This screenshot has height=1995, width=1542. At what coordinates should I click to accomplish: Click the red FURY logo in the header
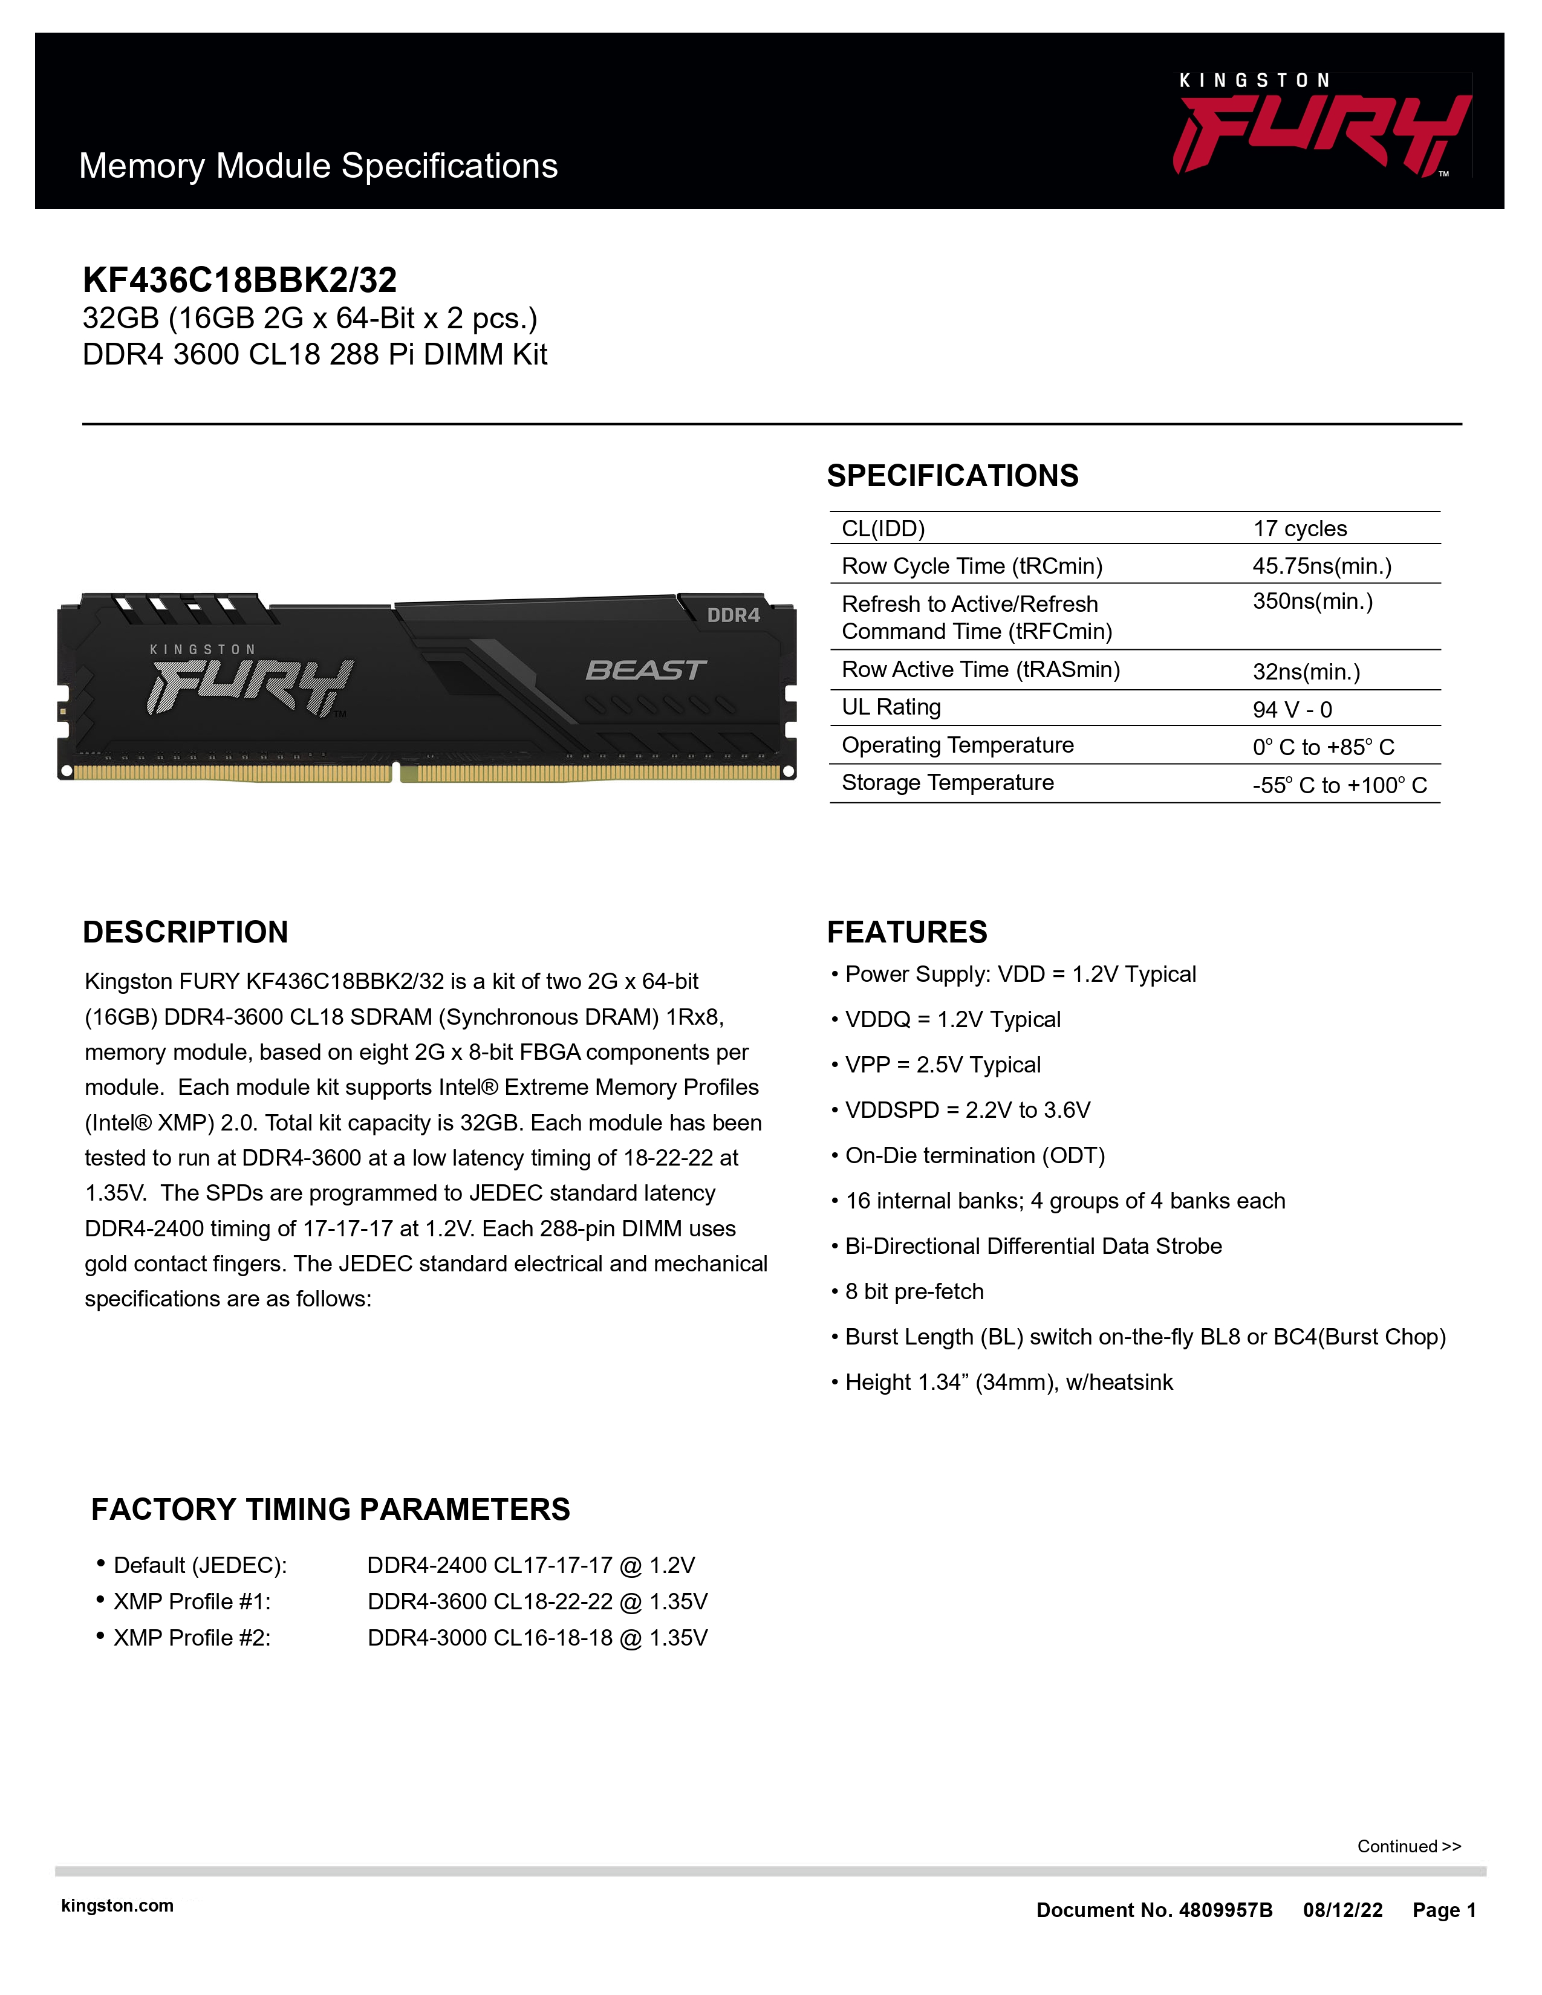click(x=1321, y=134)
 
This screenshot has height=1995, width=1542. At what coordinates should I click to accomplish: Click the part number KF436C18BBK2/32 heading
click(x=239, y=279)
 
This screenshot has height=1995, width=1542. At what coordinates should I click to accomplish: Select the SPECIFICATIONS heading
click(x=952, y=476)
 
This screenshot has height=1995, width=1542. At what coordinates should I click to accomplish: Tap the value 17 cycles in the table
click(x=1299, y=529)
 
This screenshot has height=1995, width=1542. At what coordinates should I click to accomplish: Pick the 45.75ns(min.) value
click(x=1321, y=566)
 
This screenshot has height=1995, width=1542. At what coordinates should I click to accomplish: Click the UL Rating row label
click(x=891, y=707)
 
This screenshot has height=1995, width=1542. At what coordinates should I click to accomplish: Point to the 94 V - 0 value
click(x=1292, y=710)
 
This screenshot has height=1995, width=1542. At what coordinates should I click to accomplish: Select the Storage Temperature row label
click(x=948, y=783)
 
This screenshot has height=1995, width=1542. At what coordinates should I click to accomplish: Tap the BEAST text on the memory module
click(x=645, y=670)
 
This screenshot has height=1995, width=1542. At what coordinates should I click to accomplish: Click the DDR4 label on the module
click(x=734, y=615)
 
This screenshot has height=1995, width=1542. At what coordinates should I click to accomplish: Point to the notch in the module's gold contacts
click(x=397, y=773)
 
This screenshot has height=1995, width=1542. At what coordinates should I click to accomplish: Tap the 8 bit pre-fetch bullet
click(x=914, y=1292)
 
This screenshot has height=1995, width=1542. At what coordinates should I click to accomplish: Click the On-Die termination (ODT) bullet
click(x=975, y=1155)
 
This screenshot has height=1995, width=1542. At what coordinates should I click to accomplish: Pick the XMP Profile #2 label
click(x=192, y=1638)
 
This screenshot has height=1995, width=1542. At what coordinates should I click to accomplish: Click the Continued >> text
click(x=1408, y=1846)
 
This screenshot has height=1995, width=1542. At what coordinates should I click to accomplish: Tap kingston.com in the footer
click(x=117, y=1906)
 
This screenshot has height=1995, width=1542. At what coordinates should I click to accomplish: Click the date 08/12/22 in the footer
click(x=1342, y=1910)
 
